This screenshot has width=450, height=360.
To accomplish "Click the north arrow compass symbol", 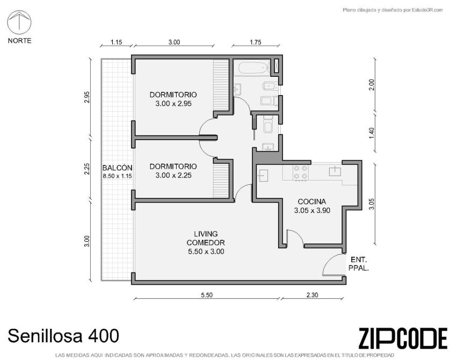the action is tap(19, 22).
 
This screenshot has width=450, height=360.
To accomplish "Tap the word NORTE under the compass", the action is tap(19, 41).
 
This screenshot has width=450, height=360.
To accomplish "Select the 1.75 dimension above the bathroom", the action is tap(256, 42).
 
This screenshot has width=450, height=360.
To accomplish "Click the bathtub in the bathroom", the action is tap(253, 68).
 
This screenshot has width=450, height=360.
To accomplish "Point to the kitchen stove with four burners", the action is tap(301, 172).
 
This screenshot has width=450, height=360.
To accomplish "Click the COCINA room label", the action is tap(311, 201).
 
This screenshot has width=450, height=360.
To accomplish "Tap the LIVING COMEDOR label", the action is tap(206, 238).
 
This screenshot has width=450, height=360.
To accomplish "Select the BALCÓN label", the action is tap(118, 168).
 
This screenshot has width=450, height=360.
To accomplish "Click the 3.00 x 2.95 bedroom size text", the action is tap(173, 104).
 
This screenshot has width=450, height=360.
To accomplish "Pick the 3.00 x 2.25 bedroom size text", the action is tap(173, 175).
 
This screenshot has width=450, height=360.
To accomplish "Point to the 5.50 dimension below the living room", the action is tap(207, 295).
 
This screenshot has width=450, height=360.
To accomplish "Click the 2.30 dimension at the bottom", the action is tap(312, 295).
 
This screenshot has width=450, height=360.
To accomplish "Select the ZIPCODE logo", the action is tap(403, 339).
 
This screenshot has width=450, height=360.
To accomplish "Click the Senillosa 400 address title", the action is tap(63, 336).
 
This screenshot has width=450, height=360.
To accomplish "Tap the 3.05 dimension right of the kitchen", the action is tap(372, 204).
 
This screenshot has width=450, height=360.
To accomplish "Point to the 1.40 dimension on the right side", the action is tap(372, 133).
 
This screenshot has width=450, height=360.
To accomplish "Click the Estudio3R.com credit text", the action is tap(393, 10).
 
